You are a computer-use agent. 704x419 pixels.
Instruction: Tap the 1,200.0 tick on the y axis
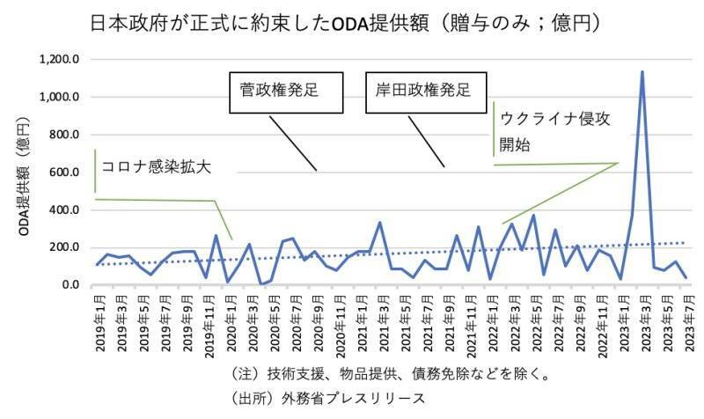60,60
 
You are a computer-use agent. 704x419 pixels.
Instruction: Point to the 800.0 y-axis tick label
64,135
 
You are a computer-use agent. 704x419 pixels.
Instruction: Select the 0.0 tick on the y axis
70,285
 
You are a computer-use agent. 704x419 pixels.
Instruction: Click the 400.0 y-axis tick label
64,210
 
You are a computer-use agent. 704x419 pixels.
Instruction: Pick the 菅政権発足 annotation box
285,91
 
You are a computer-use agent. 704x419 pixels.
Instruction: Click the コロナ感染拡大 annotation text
156,166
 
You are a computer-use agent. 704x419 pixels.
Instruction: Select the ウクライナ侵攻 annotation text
554,119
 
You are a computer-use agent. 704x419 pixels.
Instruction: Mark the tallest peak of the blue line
642,72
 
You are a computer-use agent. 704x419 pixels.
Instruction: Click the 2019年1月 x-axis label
99,323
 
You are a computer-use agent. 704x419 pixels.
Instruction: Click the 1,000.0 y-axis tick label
60,97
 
